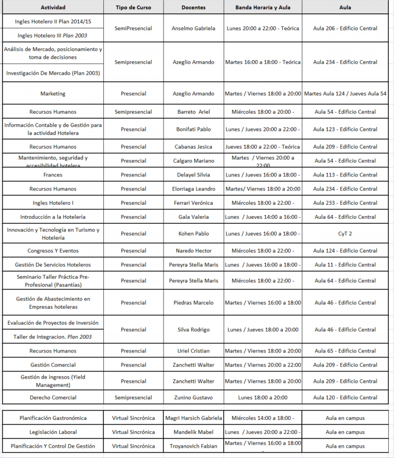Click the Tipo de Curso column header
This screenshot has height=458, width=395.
133,8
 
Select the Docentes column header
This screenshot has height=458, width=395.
193,8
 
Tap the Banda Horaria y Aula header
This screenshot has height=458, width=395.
263,8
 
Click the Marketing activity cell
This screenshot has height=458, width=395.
53,94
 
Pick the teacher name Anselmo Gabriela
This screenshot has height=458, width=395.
193,28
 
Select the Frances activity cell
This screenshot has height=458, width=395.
53,175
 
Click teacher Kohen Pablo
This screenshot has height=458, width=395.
193,234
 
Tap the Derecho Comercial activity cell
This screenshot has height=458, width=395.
53,397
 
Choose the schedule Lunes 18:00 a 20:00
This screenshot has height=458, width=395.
263,397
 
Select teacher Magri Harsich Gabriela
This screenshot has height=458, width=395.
193,418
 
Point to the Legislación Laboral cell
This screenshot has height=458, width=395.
53,432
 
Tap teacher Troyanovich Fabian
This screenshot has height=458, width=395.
193,446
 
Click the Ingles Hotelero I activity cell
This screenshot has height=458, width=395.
53,203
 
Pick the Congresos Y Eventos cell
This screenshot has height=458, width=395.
53,251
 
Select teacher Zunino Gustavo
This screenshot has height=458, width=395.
193,397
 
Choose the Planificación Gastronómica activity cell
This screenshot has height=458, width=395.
53,418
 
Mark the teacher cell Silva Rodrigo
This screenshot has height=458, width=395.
193,329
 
